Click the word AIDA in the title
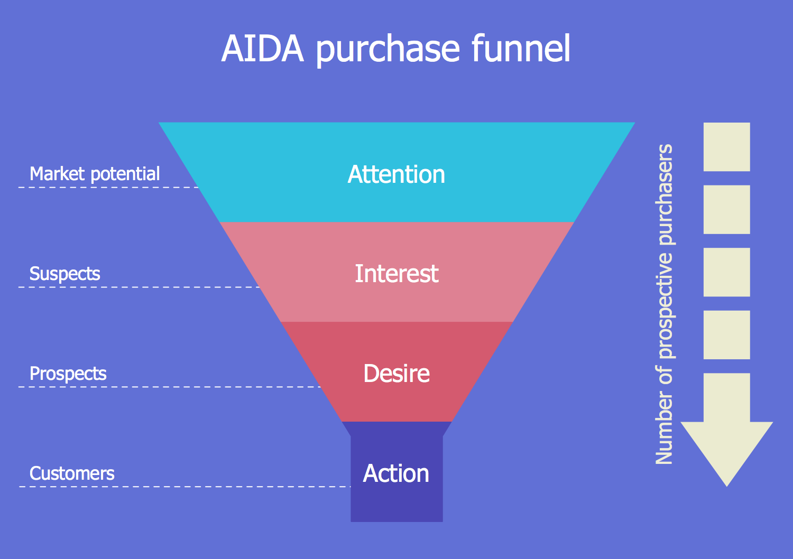[x=263, y=49]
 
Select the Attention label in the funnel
[x=396, y=174]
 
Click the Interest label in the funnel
[x=396, y=274]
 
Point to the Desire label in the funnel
[x=396, y=374]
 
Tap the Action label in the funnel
[x=396, y=473]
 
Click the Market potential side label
[x=95, y=174]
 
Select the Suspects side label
[x=64, y=274]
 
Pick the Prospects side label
[x=68, y=374]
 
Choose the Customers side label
[x=72, y=473]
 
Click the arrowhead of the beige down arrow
[x=726, y=449]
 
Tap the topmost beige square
[x=726, y=147]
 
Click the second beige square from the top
[x=726, y=209]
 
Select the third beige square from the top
[x=726, y=272]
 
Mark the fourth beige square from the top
[x=726, y=335]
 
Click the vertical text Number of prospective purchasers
[x=664, y=304]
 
